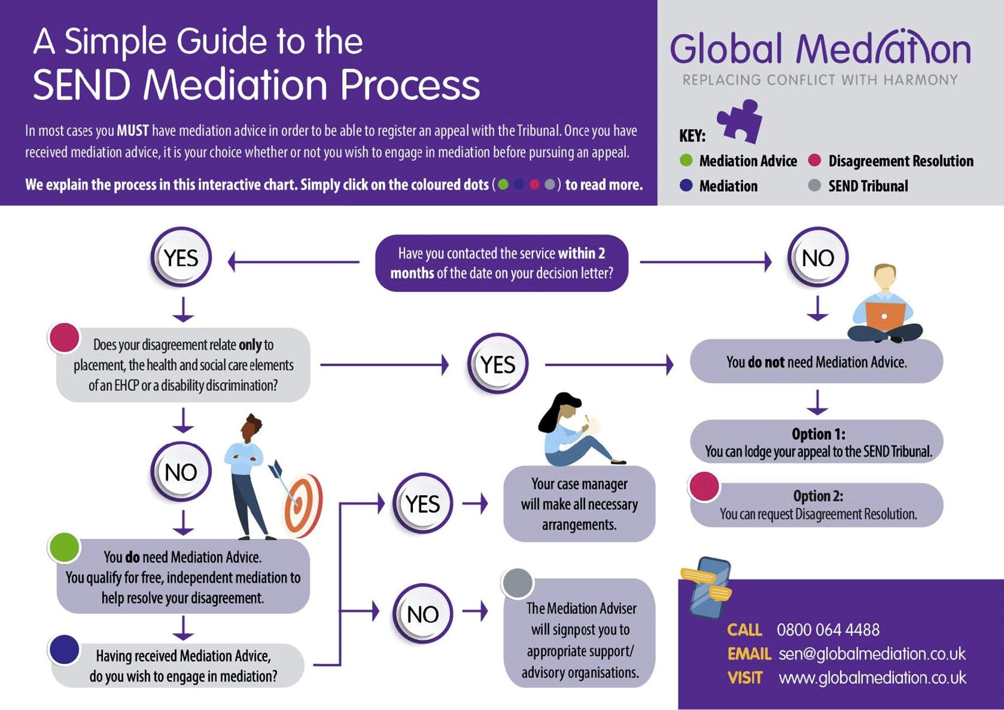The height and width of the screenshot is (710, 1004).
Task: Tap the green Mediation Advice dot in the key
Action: (x=686, y=161)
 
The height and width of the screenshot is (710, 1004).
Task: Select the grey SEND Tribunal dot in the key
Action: (x=814, y=185)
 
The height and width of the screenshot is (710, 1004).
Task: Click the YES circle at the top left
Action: (x=181, y=258)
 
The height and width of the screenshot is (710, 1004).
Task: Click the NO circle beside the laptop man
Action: (x=818, y=258)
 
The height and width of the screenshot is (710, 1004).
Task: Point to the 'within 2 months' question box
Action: (x=501, y=263)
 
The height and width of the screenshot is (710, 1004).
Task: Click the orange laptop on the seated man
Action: (x=885, y=316)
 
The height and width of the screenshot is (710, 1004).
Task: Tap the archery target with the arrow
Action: (x=302, y=504)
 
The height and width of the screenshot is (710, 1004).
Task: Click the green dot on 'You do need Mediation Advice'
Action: (x=64, y=547)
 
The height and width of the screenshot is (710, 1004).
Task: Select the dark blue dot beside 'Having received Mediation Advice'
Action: (x=64, y=649)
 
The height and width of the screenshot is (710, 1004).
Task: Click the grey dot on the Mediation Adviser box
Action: (x=517, y=583)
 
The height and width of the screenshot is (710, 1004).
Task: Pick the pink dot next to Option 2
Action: (x=704, y=486)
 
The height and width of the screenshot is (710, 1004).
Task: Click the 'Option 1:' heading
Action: (x=818, y=434)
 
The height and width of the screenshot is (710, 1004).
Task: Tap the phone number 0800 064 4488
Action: (x=828, y=630)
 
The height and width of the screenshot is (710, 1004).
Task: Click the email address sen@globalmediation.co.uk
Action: (x=871, y=653)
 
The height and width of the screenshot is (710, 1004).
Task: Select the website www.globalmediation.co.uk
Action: (x=871, y=678)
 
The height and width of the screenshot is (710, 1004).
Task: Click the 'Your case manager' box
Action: (x=579, y=504)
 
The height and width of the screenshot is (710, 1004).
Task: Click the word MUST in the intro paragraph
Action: (x=133, y=131)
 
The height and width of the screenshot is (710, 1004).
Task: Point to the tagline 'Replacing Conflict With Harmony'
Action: (x=820, y=80)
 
